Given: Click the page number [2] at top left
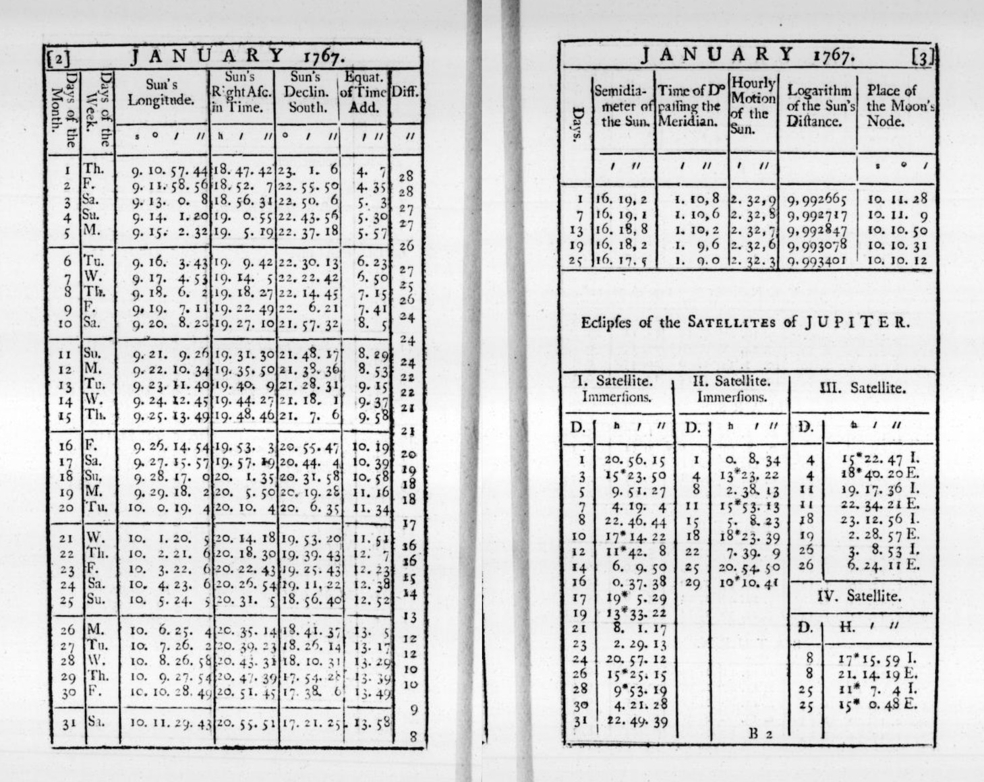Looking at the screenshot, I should click(59, 58).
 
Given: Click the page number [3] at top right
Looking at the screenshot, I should click(922, 57).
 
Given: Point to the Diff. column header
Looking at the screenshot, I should click(405, 92).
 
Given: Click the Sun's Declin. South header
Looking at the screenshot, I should click(308, 92).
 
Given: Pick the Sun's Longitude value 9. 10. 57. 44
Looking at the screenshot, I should click(169, 171).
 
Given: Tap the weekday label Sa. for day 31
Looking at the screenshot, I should click(96, 721).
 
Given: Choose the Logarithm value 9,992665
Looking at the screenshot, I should click(817, 199).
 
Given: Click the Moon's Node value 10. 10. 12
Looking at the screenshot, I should click(897, 260).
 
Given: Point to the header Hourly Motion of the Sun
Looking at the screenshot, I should click(753, 105).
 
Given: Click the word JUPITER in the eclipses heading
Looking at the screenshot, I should click(857, 322).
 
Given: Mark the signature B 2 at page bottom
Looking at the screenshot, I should click(760, 734).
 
